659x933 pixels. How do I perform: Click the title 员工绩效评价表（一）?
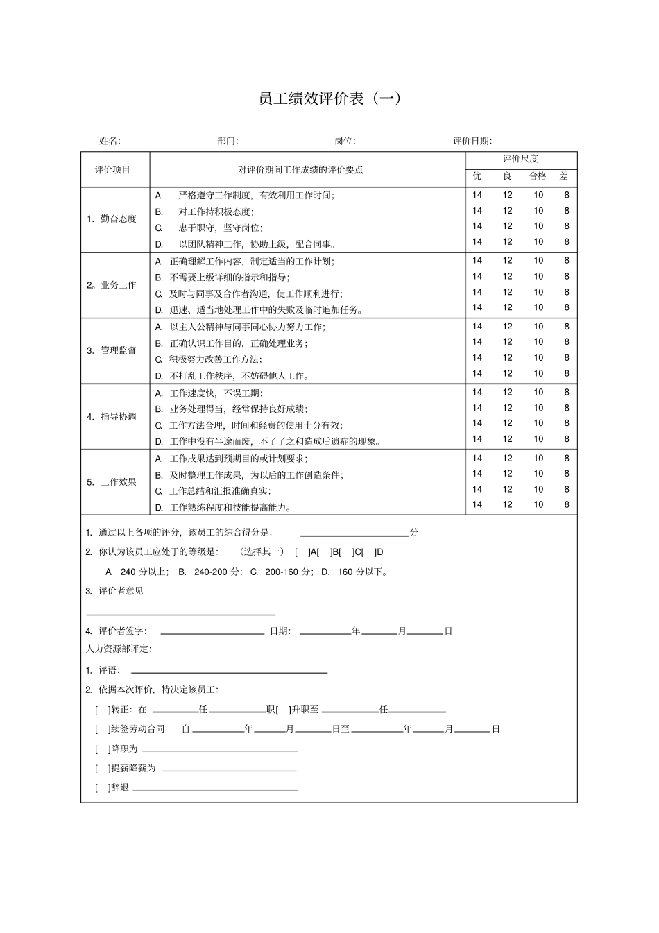[329, 99]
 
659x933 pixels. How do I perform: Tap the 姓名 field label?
[110, 141]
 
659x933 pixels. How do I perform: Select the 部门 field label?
[228, 141]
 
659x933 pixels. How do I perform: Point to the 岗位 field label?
[345, 141]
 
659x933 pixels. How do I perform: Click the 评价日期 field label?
[472, 141]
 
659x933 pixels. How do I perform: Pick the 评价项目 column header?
[112, 170]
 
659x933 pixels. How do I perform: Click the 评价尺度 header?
[520, 159]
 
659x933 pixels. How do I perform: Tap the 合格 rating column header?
[538, 176]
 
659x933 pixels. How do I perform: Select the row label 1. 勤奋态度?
[112, 219]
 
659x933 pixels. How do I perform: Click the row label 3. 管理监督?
[112, 351]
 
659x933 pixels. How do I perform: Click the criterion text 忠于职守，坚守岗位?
[220, 228]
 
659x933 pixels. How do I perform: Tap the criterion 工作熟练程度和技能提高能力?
[230, 507]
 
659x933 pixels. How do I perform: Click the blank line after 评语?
[229, 671]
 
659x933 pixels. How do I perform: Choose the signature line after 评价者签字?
[212, 632]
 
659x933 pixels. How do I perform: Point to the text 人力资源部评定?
[118, 649]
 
